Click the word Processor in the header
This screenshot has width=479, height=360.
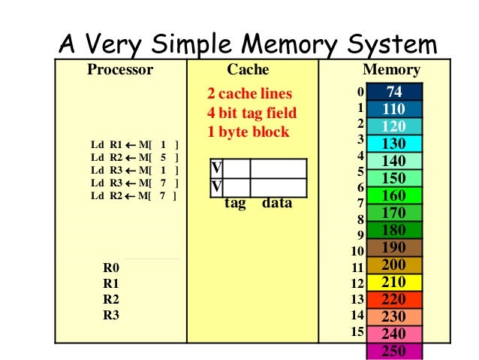pyautogui.click(x=120, y=71)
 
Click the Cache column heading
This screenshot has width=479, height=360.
pyautogui.click(x=248, y=71)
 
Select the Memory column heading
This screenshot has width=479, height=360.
pyautogui.click(x=391, y=71)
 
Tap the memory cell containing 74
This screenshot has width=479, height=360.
pyautogui.click(x=394, y=92)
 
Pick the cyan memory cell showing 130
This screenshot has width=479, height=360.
pyautogui.click(x=394, y=143)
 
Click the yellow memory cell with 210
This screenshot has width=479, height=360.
pyautogui.click(x=394, y=282)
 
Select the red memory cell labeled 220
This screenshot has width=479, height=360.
pyautogui.click(x=394, y=299)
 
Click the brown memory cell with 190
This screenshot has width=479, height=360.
pyautogui.click(x=394, y=247)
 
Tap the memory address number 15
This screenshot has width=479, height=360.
pyautogui.click(x=357, y=331)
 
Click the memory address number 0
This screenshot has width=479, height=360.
pyautogui.click(x=360, y=92)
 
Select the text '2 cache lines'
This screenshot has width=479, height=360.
pyautogui.click(x=249, y=95)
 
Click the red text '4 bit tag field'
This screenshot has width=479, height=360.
pyautogui.click(x=252, y=113)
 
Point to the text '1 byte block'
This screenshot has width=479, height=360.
pyautogui.click(x=248, y=132)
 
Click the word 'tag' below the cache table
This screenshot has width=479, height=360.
pyautogui.click(x=236, y=203)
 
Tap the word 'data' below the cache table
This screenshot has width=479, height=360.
pyautogui.click(x=277, y=203)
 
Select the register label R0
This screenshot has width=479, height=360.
pyautogui.click(x=111, y=267)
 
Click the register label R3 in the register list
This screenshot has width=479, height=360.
pyautogui.click(x=111, y=315)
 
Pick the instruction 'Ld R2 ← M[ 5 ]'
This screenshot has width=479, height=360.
pyautogui.click(x=134, y=158)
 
